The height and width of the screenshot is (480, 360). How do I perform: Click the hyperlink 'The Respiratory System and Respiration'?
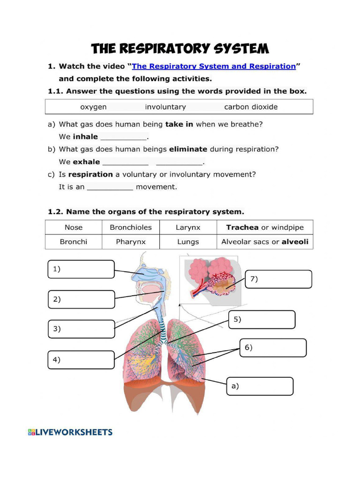214,66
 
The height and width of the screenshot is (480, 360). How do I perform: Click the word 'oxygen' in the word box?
93,107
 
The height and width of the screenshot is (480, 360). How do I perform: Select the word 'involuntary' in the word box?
165,107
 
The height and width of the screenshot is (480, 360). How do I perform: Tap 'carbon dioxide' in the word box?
251,107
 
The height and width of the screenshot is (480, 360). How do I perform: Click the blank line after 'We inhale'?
124,137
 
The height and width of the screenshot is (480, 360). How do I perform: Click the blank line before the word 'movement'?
110,187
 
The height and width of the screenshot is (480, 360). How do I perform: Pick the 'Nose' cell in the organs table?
74,227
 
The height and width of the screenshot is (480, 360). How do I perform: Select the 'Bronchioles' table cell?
131,227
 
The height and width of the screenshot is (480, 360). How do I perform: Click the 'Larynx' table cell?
188,227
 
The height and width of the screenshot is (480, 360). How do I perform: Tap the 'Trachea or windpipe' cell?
265,227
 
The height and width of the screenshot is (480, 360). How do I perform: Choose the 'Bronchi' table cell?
74,242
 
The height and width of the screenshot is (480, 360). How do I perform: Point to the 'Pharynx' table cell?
131,242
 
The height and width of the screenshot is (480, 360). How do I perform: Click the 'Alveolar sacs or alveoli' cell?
265,242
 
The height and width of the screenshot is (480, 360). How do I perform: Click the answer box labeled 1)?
81,269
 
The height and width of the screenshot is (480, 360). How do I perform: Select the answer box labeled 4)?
81,360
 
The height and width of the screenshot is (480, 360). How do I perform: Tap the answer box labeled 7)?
278,279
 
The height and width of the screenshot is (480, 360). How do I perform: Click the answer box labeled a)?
260,386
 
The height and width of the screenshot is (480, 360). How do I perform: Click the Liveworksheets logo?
70,432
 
